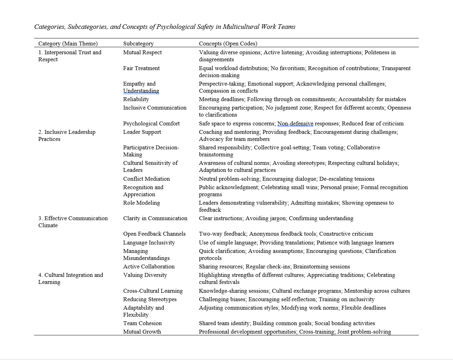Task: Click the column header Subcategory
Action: point(138,44)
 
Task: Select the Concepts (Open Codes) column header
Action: point(228,44)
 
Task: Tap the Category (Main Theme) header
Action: point(68,44)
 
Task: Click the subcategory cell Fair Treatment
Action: point(141,68)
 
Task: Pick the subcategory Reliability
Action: point(136,99)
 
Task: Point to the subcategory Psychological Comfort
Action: point(151,124)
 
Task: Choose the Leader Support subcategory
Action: point(142,132)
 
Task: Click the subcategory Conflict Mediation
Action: point(147,179)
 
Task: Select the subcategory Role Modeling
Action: point(142,203)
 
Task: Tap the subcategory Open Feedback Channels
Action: point(154,234)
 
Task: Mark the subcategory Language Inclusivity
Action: point(149,243)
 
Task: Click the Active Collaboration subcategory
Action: point(149,267)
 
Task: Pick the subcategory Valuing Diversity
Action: point(145,275)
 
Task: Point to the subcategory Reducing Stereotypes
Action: point(150,299)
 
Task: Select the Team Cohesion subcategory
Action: point(142,323)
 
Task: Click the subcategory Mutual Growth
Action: point(142,332)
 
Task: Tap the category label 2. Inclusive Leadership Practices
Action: point(67,136)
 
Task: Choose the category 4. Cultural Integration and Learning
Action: point(70,279)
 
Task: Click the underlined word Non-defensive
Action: point(295,124)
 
